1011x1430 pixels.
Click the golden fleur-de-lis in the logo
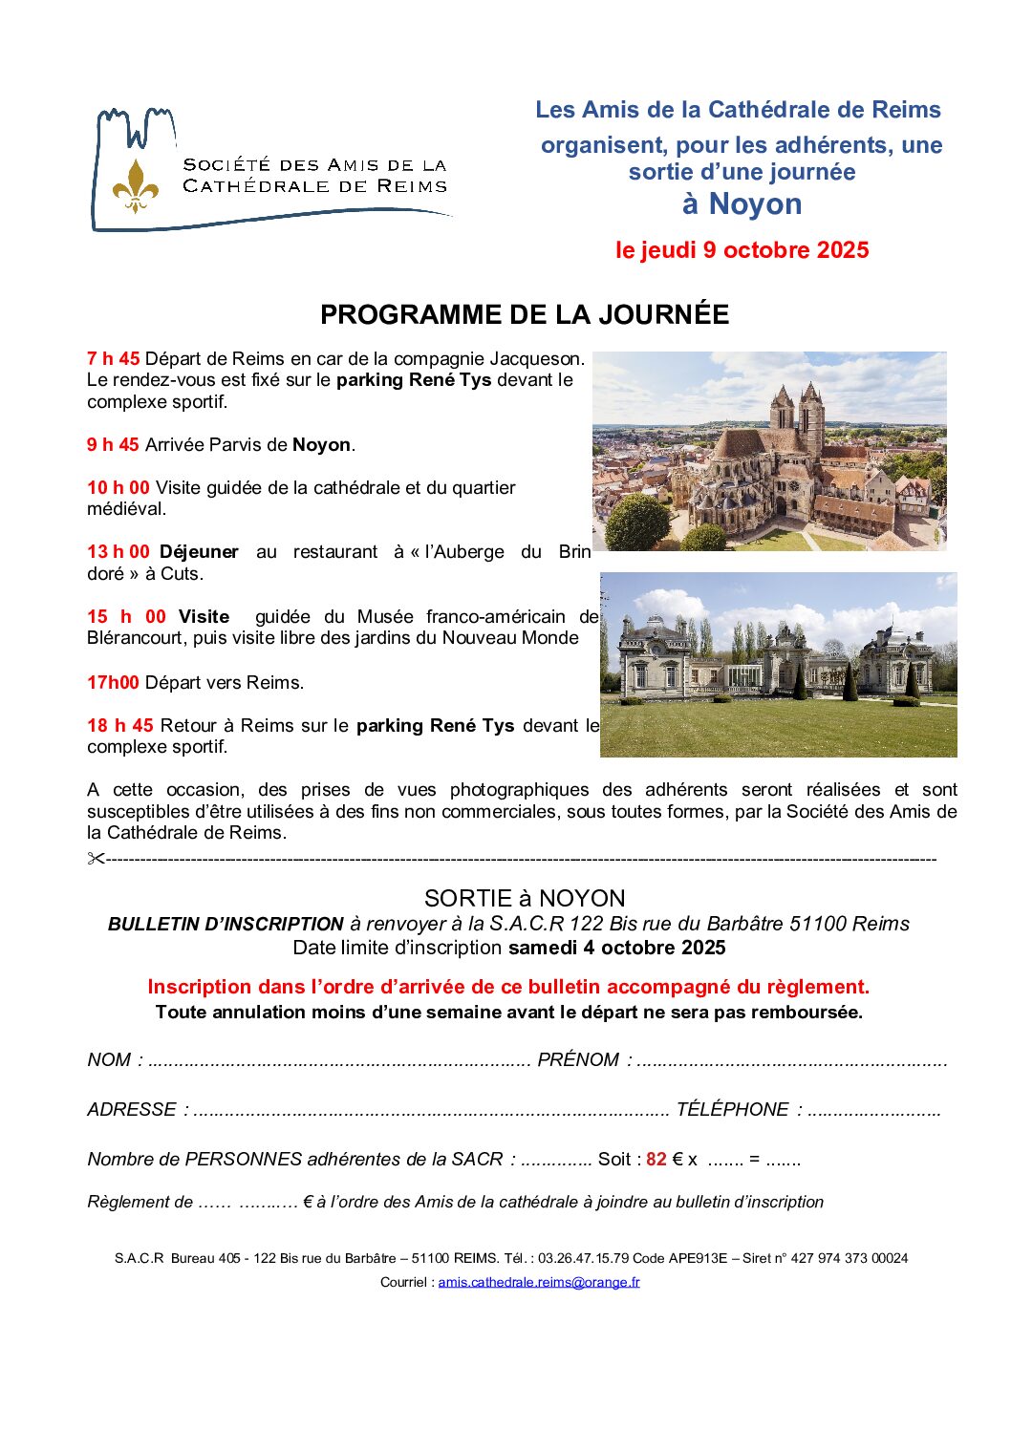click(135, 185)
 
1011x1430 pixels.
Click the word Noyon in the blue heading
click(755, 204)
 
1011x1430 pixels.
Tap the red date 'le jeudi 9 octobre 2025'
click(742, 250)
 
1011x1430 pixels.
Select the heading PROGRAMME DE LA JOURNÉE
click(525, 314)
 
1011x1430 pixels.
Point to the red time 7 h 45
click(113, 359)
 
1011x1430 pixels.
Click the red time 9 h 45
click(113, 445)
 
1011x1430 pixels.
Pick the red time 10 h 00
click(118, 488)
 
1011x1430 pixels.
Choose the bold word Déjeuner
click(199, 552)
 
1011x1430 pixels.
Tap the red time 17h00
click(113, 683)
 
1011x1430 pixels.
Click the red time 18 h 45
click(119, 726)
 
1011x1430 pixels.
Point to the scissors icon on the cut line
click(96, 859)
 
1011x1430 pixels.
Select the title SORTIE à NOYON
click(525, 898)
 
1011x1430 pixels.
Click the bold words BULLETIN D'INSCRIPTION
click(226, 925)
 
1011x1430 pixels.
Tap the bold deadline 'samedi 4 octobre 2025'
click(616, 949)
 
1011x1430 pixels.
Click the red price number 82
click(656, 1160)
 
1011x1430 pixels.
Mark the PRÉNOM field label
click(578, 1060)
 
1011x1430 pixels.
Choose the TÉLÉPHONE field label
click(732, 1110)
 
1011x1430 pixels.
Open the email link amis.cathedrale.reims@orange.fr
click(538, 1282)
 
